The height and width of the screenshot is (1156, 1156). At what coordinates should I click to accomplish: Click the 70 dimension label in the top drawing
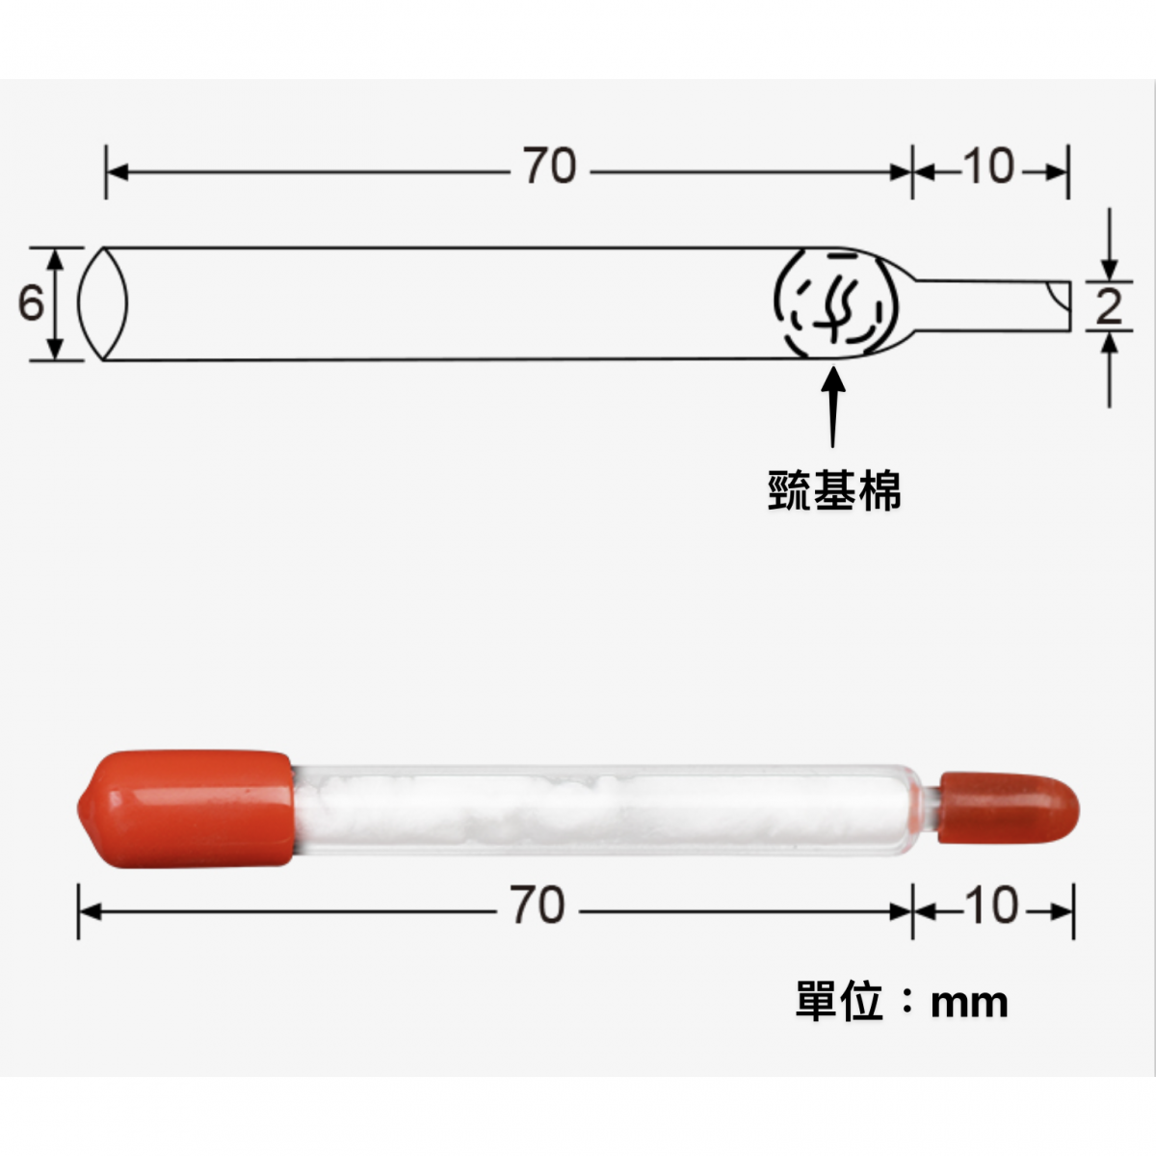(550, 167)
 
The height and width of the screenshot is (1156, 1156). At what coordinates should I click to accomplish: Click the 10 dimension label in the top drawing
(988, 167)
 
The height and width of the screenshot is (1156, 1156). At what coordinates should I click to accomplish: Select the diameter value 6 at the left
(31, 303)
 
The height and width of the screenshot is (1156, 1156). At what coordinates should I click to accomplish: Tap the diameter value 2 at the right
(1110, 307)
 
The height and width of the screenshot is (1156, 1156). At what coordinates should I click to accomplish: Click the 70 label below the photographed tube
(537, 906)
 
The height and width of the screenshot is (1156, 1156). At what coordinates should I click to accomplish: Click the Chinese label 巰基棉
(834, 490)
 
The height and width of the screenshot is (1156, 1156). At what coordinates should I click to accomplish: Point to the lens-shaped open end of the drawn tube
(102, 303)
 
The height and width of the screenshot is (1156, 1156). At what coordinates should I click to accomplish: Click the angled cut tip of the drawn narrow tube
(1059, 304)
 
